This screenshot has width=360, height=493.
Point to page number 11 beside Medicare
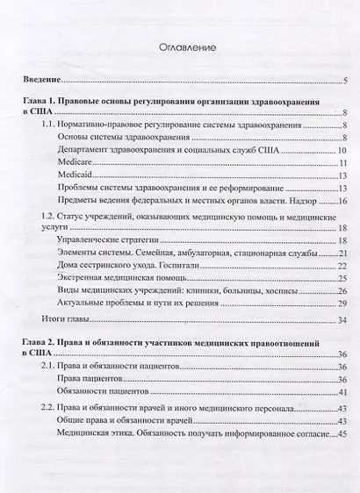click(344, 164)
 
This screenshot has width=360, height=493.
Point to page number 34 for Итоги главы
click(343, 320)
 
